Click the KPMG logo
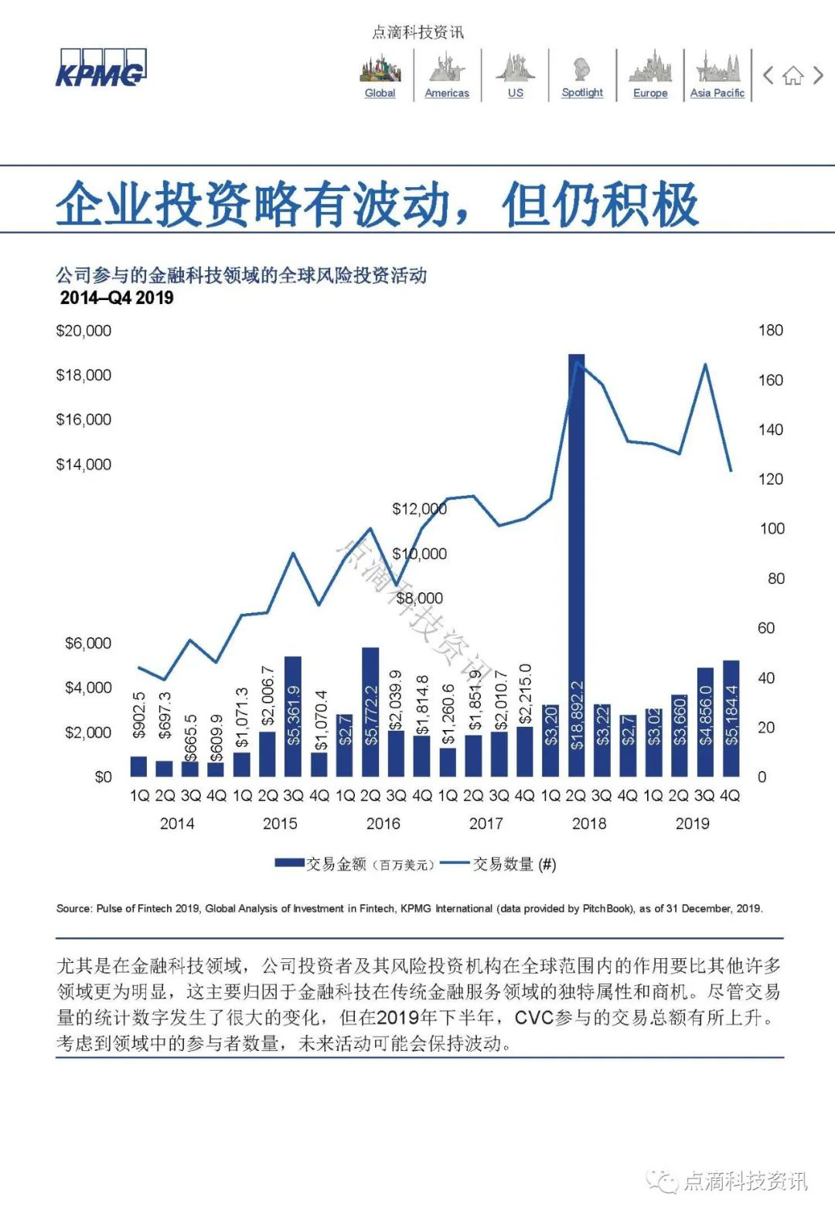coord(101,70)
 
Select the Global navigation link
coord(380,93)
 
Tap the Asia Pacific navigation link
coord(717,93)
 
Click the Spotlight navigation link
coord(582,92)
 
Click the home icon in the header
coord(792,76)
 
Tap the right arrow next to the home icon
coord(818,76)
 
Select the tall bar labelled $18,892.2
coord(576,565)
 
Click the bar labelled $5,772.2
coord(370,711)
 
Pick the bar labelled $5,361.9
coord(293,716)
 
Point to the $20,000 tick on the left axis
coord(83,331)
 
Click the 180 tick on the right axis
coord(771,330)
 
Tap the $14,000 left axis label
coord(83,465)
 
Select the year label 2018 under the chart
coord(589,824)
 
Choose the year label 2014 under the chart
coord(177,824)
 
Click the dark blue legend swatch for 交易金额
coord(290,863)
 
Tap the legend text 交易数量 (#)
coord(513,864)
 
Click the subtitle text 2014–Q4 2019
coord(117,299)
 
